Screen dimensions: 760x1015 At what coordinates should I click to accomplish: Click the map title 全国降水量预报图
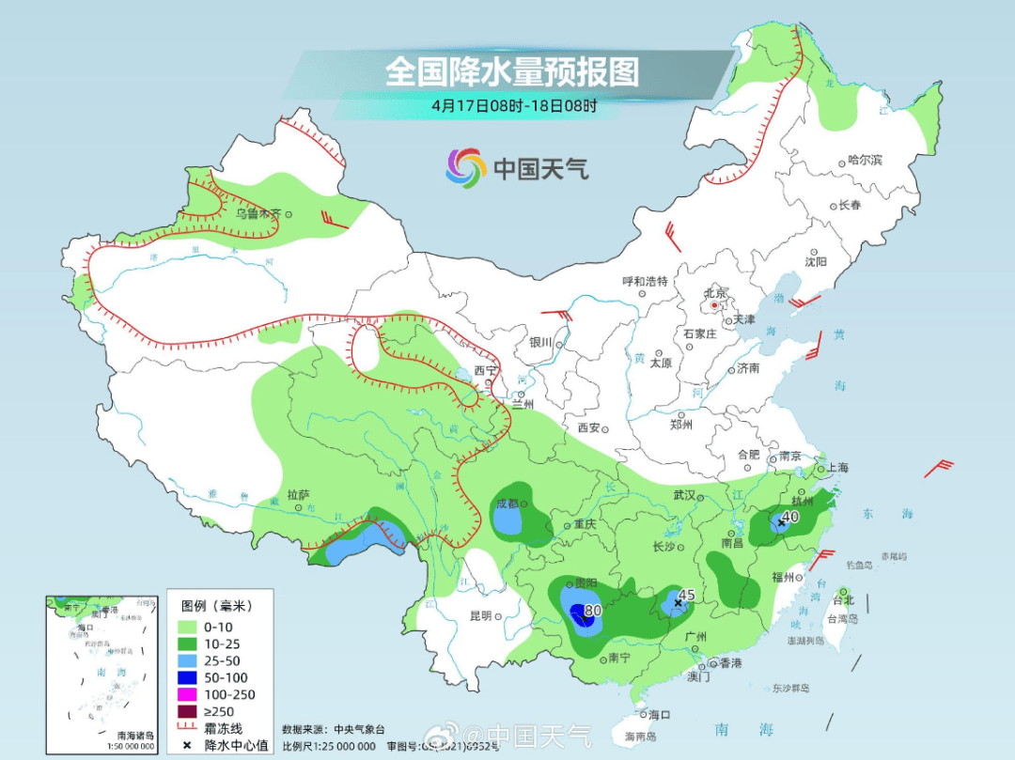[512, 71]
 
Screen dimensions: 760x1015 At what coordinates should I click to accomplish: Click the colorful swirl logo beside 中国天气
[465, 167]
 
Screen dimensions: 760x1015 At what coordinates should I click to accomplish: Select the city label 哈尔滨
[866, 161]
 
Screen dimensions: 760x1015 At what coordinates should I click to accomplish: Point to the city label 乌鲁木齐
[258, 214]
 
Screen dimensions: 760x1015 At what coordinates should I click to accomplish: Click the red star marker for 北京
[715, 305]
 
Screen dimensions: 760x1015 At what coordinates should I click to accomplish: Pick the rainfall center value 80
[592, 611]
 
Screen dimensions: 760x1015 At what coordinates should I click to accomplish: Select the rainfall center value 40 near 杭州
[790, 516]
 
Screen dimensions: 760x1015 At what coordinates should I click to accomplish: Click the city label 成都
[507, 504]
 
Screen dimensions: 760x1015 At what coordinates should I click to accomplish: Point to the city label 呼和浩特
[645, 281]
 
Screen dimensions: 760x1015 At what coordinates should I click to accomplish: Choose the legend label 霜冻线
[224, 728]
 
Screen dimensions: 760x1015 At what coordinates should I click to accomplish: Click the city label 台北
[844, 599]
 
